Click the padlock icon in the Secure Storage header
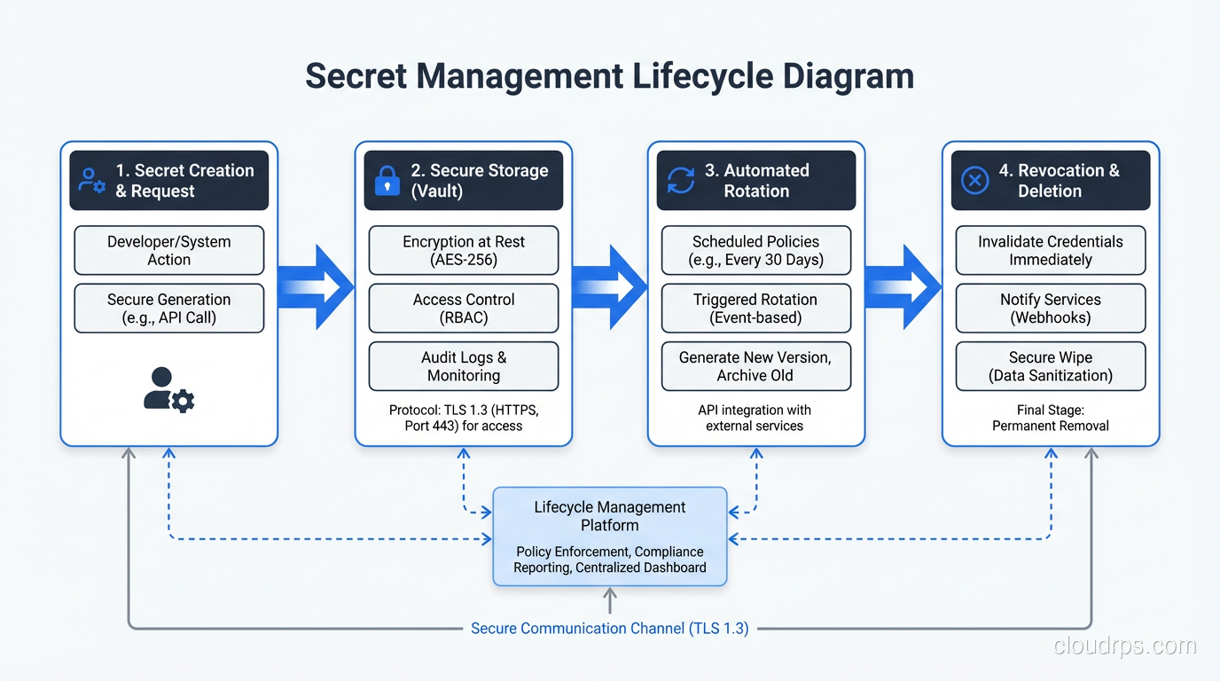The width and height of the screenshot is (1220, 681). point(387,181)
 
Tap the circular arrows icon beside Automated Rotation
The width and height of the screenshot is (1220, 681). point(681,181)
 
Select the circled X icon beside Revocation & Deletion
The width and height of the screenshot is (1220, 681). point(975,181)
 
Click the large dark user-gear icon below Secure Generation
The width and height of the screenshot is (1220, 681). point(168,389)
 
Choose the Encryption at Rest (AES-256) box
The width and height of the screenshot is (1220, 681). point(463,251)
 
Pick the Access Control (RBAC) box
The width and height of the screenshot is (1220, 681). point(463,309)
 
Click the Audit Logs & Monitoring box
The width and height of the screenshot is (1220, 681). point(463,366)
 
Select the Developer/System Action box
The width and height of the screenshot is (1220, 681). point(168,251)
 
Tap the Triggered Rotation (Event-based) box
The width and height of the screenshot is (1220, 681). point(755,309)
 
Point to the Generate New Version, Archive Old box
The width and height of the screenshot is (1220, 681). point(755,366)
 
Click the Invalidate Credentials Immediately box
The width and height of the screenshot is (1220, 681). point(1050,251)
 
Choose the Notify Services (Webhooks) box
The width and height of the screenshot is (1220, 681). point(1050,309)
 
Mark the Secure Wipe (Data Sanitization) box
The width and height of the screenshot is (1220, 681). point(1050,366)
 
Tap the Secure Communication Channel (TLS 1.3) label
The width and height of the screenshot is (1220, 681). point(609,629)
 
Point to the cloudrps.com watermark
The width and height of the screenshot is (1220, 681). point(1124,646)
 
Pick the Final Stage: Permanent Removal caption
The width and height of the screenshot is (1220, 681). point(1050,418)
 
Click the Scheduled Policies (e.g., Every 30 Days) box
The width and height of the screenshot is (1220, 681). point(755,251)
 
